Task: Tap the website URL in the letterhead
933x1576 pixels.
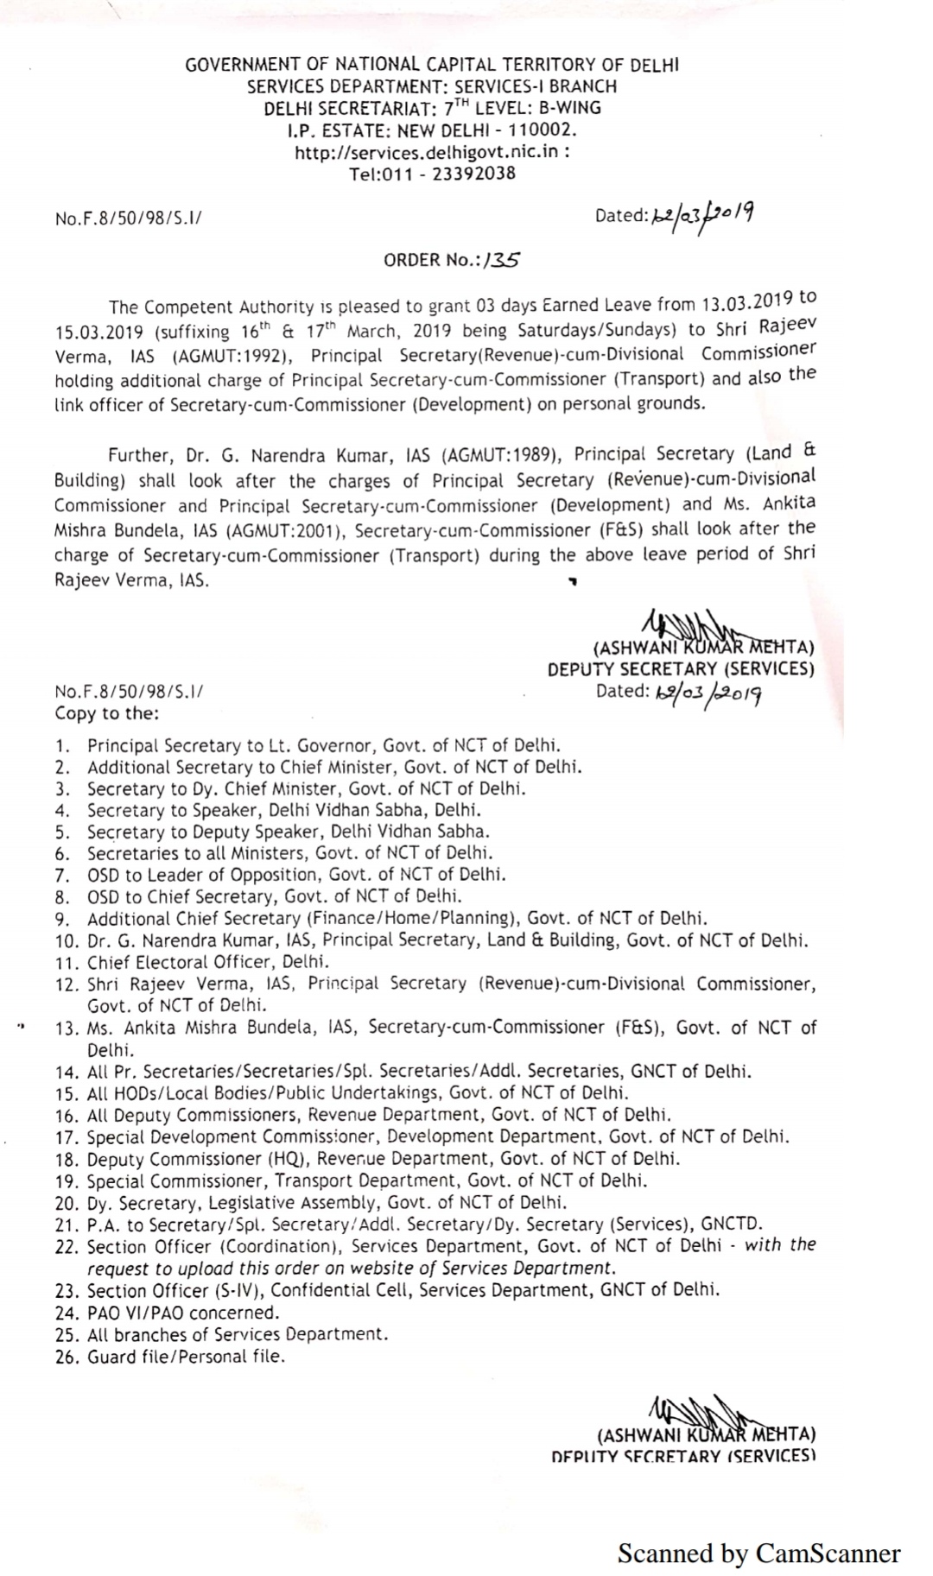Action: click(x=431, y=152)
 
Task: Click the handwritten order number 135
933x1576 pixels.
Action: click(x=503, y=259)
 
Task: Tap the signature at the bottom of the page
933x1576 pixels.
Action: click(x=691, y=1413)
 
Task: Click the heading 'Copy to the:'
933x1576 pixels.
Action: click(x=106, y=713)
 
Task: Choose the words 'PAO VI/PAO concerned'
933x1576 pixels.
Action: click(x=183, y=1313)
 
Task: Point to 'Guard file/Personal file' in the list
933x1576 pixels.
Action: click(x=185, y=1356)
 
